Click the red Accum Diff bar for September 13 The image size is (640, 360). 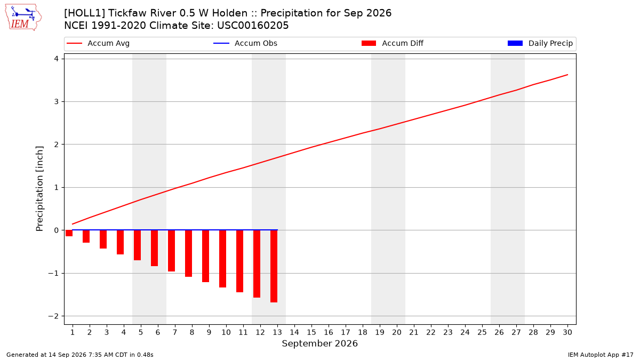click(x=274, y=266)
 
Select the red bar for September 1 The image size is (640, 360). click(x=69, y=233)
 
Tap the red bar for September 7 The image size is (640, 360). click(x=171, y=251)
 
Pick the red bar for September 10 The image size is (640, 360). click(x=222, y=259)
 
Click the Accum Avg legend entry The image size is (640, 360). click(x=98, y=43)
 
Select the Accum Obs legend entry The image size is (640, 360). click(x=245, y=43)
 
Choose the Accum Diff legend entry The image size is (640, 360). click(x=393, y=43)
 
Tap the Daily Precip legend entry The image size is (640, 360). click(x=540, y=43)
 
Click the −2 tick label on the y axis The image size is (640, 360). click(x=53, y=316)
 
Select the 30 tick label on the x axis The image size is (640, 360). click(x=567, y=332)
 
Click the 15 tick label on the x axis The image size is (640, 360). click(x=311, y=332)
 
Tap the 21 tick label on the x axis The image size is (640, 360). click(x=414, y=332)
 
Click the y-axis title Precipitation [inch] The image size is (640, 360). click(x=39, y=189)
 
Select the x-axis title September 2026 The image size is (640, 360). click(x=319, y=343)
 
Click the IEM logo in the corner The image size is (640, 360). click(x=23, y=18)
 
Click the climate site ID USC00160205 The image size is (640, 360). click(x=253, y=26)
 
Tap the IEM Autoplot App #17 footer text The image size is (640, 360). click(x=601, y=355)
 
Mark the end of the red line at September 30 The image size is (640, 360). click(x=567, y=75)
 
